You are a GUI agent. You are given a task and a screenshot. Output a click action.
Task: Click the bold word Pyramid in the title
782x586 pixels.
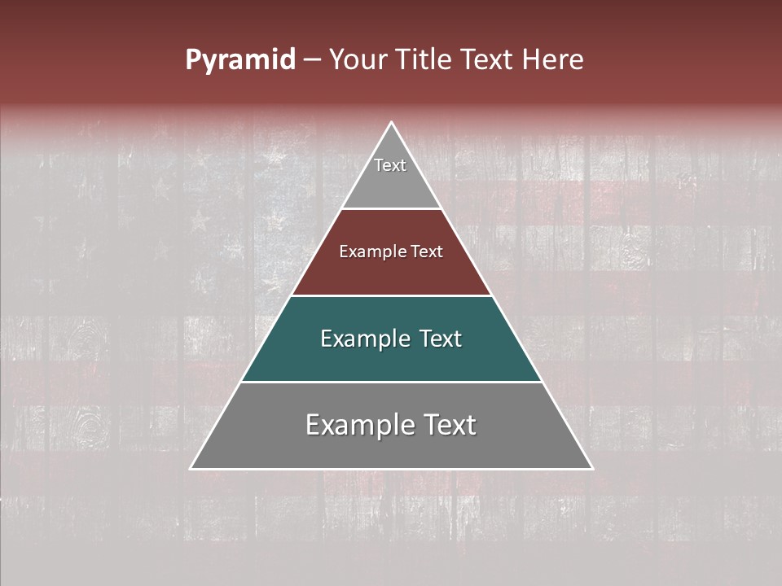[x=239, y=60]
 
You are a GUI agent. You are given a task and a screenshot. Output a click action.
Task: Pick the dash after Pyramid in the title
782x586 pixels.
[x=311, y=60]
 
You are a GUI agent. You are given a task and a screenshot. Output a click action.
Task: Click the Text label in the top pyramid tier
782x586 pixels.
[x=390, y=165]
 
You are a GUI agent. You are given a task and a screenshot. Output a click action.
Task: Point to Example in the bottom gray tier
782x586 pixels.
[x=357, y=425]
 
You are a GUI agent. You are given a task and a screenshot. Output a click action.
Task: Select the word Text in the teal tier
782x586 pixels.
[x=441, y=339]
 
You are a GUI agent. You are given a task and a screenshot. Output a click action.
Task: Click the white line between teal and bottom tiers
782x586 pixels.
[x=391, y=382]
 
